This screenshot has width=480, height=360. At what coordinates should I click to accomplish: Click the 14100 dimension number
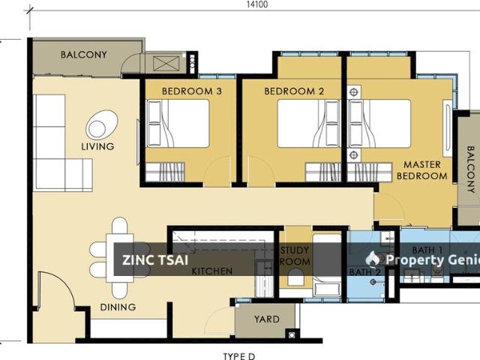pyautogui.click(x=257, y=4)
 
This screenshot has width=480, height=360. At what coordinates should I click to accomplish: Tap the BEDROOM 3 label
pyautogui.click(x=192, y=91)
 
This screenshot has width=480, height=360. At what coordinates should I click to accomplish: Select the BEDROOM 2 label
pyautogui.click(x=294, y=91)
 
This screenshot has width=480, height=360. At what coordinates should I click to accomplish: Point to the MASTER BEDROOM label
pyautogui.click(x=421, y=170)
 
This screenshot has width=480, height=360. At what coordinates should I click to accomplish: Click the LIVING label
pyautogui.click(x=97, y=146)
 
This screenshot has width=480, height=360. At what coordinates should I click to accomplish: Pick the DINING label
pyautogui.click(x=118, y=307)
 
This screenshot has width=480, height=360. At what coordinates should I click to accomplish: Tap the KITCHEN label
pyautogui.click(x=212, y=271)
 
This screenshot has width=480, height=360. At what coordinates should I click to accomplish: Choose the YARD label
pyautogui.click(x=267, y=319)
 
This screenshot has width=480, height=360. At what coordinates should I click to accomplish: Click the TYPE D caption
pyautogui.click(x=238, y=356)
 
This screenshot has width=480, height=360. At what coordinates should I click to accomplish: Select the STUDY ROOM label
pyautogui.click(x=295, y=256)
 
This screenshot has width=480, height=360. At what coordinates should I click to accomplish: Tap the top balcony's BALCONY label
pyautogui.click(x=83, y=55)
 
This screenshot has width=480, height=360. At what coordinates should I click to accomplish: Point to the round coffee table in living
pyautogui.click(x=102, y=125)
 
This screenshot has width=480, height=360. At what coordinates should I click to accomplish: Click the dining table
pyautogui.click(x=120, y=258)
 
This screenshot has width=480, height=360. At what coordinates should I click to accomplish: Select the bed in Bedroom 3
pyautogui.click(x=178, y=123)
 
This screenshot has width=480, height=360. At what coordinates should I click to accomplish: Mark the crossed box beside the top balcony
pyautogui.click(x=166, y=64)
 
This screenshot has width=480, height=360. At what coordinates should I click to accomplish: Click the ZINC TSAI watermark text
pyautogui.click(x=155, y=260)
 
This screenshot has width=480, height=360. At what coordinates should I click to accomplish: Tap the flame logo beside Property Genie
pyautogui.click(x=373, y=259)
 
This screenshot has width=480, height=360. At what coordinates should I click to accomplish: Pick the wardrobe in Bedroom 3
pyautogui.click(x=165, y=172)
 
